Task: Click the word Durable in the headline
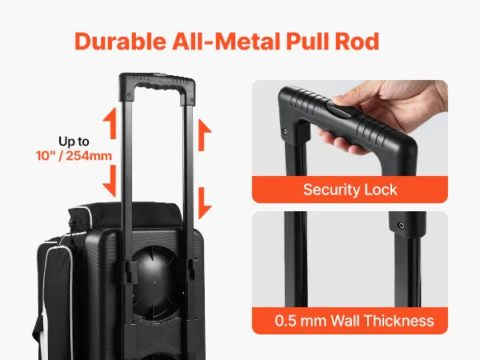[x=121, y=42]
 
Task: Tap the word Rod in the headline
[x=358, y=42]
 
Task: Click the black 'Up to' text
[x=74, y=142]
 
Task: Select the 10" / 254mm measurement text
[x=74, y=156]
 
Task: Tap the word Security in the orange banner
[x=328, y=190]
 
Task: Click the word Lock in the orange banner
[x=378, y=190]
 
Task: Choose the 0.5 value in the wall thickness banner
[x=285, y=321]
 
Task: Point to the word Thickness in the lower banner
[x=399, y=321]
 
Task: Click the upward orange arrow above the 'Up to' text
[x=110, y=123]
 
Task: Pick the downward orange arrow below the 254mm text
[x=110, y=182]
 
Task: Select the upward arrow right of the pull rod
[x=205, y=135]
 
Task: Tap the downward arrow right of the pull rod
[x=205, y=203]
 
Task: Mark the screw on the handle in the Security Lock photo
[x=285, y=132]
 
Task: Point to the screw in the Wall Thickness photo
[x=401, y=226]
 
